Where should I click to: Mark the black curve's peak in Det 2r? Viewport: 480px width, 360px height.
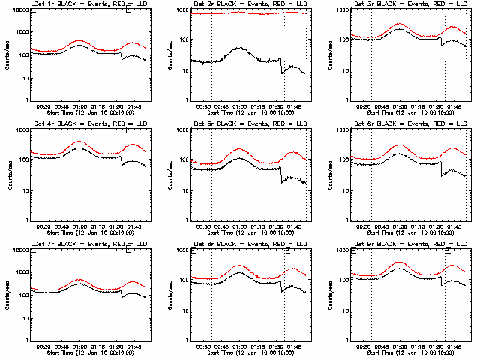(238, 49)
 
